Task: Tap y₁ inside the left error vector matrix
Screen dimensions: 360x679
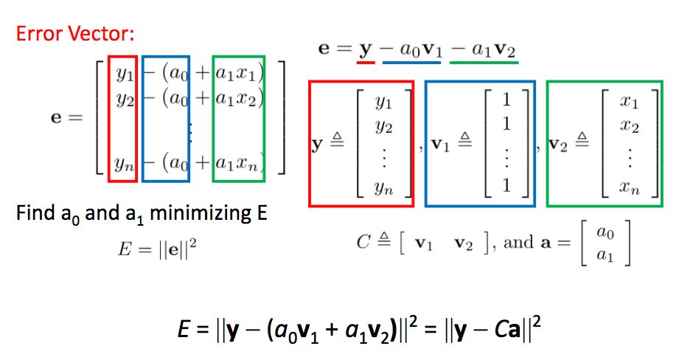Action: (x=122, y=74)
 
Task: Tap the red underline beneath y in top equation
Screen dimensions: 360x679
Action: (x=363, y=62)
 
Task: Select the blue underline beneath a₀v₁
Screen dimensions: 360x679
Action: (x=414, y=62)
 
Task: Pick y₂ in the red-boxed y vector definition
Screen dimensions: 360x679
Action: (x=382, y=128)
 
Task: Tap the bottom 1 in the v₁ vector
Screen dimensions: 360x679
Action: (x=506, y=184)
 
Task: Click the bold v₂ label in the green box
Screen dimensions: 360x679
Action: (x=562, y=145)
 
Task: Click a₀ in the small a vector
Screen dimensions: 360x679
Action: (x=604, y=233)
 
